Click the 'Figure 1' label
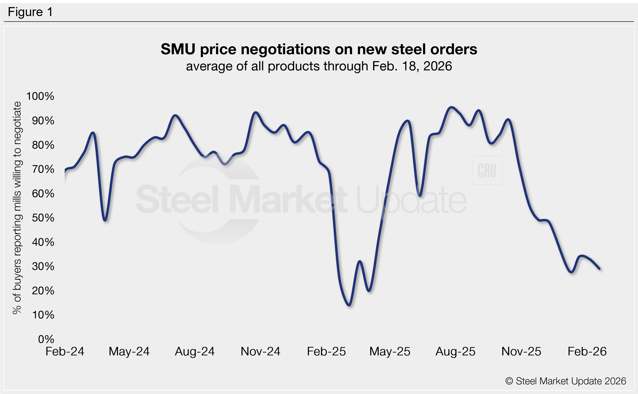[30, 12]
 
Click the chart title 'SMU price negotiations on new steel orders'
[319, 49]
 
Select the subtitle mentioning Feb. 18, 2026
[319, 66]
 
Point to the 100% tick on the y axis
[40, 96]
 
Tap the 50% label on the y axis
[43, 217]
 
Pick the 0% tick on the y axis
[46, 339]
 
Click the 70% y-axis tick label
[43, 169]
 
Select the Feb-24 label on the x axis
[65, 351]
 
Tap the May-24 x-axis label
[129, 351]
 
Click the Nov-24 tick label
[260, 351]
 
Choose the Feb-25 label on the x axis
[326, 351]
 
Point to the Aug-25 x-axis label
[455, 351]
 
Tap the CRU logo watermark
[487, 170]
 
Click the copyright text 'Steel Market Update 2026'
[565, 381]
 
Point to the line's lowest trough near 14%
[349, 305]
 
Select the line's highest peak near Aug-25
[452, 107]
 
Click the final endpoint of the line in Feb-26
[600, 268]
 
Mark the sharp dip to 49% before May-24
[105, 220]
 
